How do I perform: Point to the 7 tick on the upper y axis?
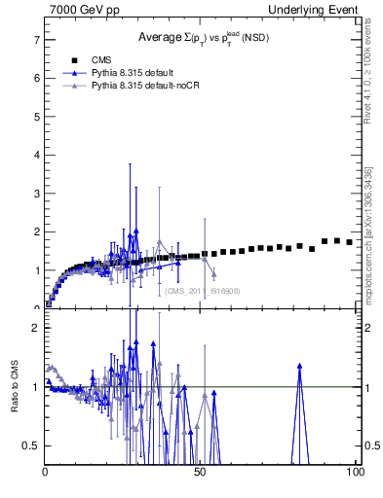(x=36, y=40)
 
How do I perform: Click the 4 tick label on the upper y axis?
(x=36, y=155)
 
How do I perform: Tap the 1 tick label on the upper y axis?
(x=36, y=270)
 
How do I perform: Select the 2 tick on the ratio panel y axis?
(x=36, y=328)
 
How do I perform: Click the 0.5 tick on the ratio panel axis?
(x=33, y=445)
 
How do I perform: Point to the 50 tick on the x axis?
(x=200, y=472)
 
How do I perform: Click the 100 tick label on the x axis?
(x=354, y=472)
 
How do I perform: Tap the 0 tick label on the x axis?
(x=46, y=472)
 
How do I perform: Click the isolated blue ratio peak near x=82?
(x=299, y=367)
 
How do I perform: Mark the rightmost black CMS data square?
(x=349, y=242)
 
